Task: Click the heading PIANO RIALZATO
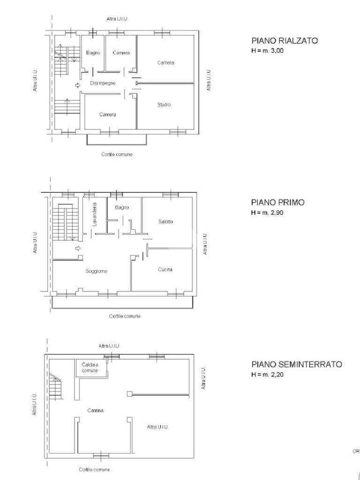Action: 284,41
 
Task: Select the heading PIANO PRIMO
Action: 277,202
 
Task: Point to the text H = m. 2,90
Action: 267,212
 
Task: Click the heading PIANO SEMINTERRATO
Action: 296,364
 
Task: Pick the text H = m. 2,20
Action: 267,375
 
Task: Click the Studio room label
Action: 164,105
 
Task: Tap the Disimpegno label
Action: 102,83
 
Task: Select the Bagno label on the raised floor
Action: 93,53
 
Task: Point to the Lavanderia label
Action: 94,215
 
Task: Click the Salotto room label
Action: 165,222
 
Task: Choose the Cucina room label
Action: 165,270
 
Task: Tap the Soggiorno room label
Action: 96,271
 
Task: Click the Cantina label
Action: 95,411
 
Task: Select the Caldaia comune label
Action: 90,367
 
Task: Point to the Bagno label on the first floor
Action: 121,207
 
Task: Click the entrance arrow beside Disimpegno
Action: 77,85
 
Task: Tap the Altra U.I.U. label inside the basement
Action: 157,427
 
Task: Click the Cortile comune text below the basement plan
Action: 94,469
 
